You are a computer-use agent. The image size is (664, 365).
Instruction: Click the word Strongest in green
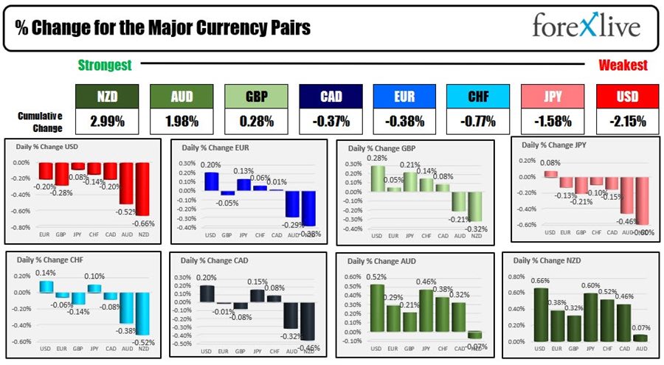pos(105,66)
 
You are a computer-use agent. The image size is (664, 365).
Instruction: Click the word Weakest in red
pos(623,66)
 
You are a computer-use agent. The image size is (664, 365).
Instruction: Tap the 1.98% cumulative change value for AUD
pos(181,120)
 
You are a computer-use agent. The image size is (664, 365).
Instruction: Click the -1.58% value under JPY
pos(552,120)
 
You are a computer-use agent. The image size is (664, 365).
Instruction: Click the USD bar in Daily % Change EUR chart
pos(211,181)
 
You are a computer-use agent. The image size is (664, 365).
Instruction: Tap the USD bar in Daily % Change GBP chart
pos(377,178)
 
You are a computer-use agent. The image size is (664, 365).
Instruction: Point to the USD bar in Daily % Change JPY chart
pos(550,174)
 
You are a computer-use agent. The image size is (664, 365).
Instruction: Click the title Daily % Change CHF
pos(46,260)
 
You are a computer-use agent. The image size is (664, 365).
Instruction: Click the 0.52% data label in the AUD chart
pos(377,277)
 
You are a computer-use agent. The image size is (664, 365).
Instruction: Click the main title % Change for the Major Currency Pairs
pos(162,28)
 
